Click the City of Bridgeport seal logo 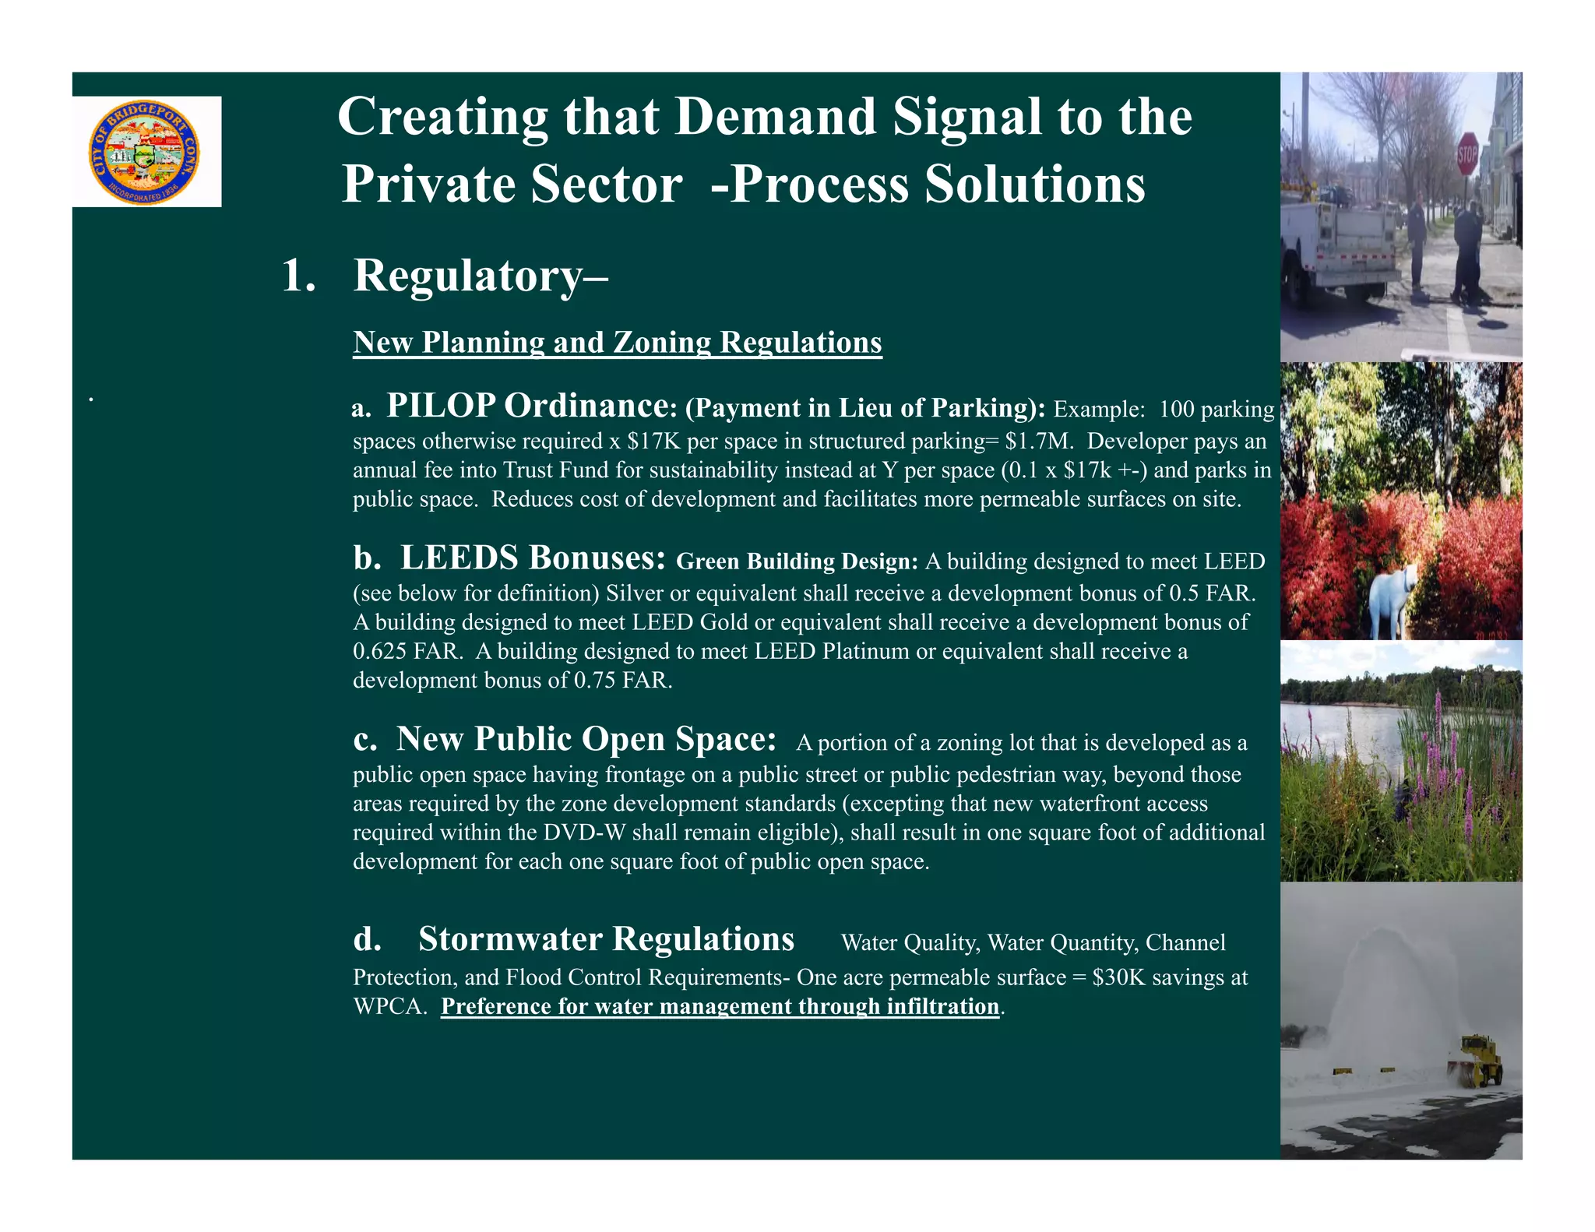(x=146, y=152)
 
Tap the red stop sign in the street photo (x=1466, y=157)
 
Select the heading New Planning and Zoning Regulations (x=617, y=343)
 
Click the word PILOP (x=441, y=406)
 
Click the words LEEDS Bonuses (x=533, y=558)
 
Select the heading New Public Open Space (x=586, y=739)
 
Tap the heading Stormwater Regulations (x=606, y=939)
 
